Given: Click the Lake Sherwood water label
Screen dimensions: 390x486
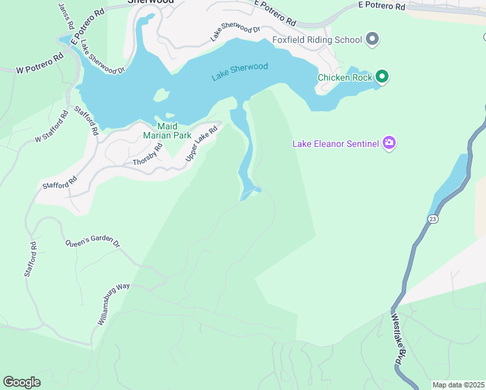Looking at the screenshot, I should tap(239, 71).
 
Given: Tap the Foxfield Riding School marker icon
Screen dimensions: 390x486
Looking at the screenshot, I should tap(372, 40).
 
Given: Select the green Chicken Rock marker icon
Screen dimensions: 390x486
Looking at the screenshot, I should tap(382, 77).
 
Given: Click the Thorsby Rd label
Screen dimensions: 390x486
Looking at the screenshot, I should tap(147, 153).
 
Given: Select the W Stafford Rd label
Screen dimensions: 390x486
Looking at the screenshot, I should tap(51, 127).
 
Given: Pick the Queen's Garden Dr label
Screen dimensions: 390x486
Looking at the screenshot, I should tap(92, 242).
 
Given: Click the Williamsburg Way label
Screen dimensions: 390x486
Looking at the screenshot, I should tap(114, 304).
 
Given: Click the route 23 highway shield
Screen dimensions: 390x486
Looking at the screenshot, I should tap(433, 219).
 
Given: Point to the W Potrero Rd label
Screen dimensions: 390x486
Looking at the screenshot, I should tap(40, 62).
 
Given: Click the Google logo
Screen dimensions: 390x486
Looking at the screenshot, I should tap(21, 382).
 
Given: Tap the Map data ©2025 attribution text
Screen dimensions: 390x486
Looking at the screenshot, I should tap(457, 385).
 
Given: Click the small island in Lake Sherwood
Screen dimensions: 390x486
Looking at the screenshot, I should tap(161, 96).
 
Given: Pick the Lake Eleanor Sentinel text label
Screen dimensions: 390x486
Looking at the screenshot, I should tap(335, 143).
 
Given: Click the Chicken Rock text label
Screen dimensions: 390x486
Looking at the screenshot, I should tap(344, 77).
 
